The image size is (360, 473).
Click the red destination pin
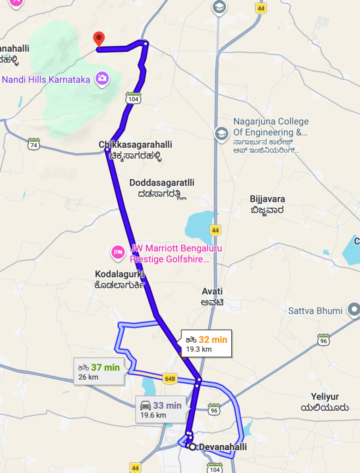(x=99, y=39)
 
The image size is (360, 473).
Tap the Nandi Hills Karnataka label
(x=46, y=79)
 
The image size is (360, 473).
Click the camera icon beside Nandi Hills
(x=102, y=79)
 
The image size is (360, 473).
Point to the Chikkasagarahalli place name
(x=135, y=145)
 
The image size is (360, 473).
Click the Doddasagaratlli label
(x=162, y=183)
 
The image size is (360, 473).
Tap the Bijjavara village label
(x=267, y=200)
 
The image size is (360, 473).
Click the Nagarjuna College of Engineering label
(x=270, y=127)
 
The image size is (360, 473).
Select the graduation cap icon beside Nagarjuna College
(x=222, y=133)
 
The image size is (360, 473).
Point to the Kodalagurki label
(x=120, y=274)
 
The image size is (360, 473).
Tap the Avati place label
(x=212, y=291)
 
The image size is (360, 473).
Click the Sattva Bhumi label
(x=315, y=311)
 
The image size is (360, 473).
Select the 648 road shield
(x=170, y=379)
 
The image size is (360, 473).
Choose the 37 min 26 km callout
(x=99, y=371)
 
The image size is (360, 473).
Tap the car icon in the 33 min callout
(x=145, y=406)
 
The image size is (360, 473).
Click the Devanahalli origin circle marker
(x=192, y=447)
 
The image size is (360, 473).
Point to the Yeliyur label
(x=325, y=397)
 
